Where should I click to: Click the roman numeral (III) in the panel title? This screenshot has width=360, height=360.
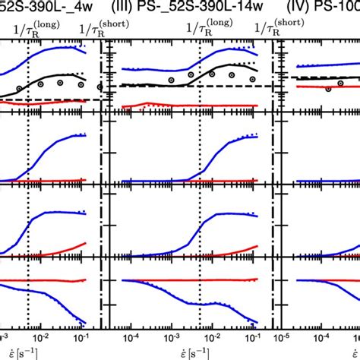(x=125, y=10)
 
